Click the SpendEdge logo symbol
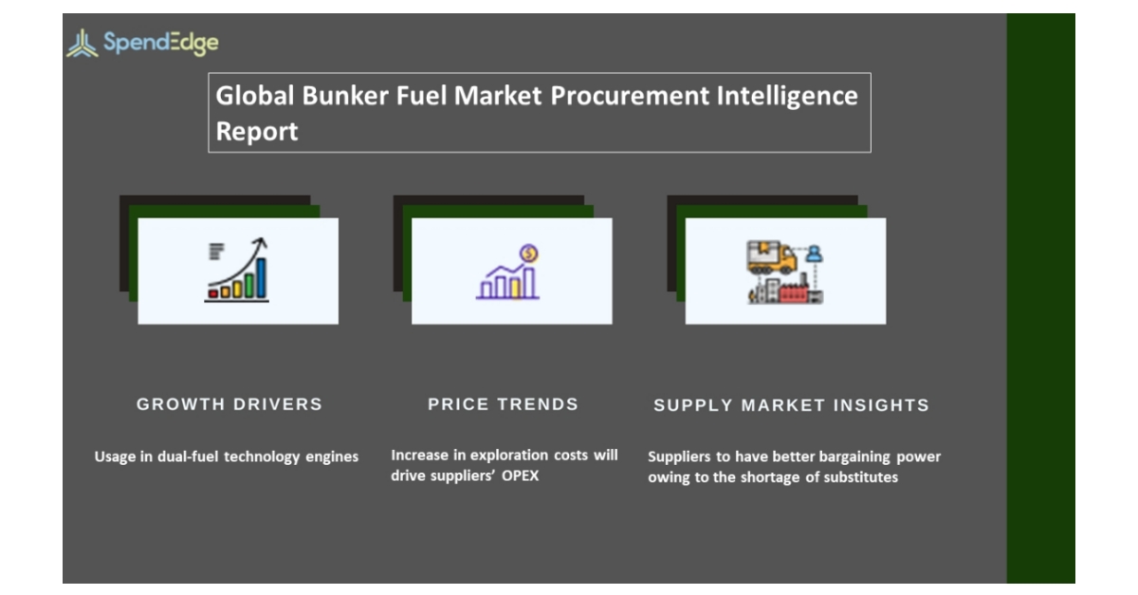pos(82,43)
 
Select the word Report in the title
pos(257,131)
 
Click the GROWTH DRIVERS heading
pos(229,404)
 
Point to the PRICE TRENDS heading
pos(503,404)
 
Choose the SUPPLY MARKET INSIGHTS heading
pos(791,405)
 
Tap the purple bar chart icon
pos(508,278)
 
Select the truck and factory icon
pos(784,272)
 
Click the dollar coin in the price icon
pos(529,253)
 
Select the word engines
pos(332,456)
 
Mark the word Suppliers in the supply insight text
pos(679,456)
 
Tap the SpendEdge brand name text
pos(160,43)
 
